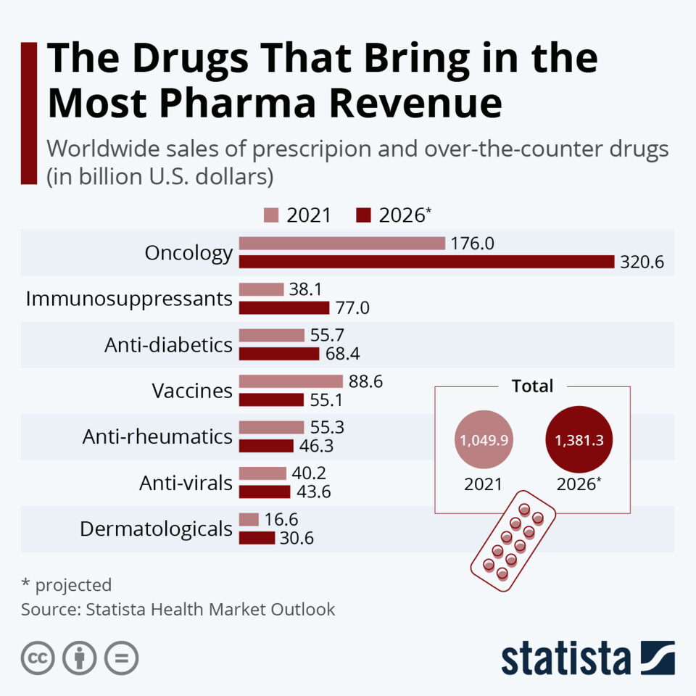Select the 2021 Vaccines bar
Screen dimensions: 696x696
[291, 381]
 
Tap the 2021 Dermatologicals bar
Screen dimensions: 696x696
[249, 520]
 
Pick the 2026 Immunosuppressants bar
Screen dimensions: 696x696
[284, 307]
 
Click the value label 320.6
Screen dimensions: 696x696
[642, 262]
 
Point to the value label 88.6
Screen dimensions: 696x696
[366, 381]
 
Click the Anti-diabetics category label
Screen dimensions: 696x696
[169, 344]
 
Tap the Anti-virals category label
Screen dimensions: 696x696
[186, 482]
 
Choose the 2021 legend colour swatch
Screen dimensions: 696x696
[271, 215]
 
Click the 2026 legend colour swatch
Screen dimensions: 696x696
[364, 215]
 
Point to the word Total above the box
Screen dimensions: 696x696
[532, 386]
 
